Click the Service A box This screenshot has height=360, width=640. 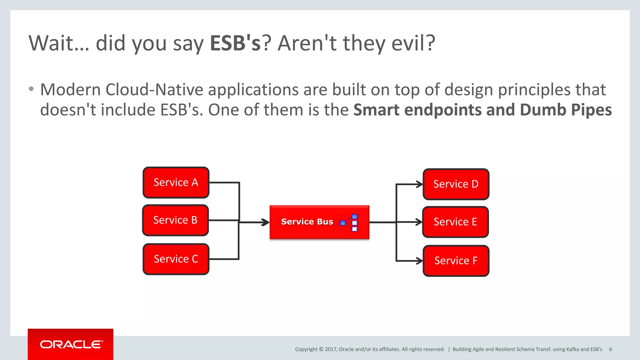pyautogui.click(x=176, y=182)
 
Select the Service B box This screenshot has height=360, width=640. pyautogui.click(x=175, y=220)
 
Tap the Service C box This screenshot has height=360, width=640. pyautogui.click(x=176, y=259)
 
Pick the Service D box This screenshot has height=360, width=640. pyautogui.click(x=456, y=184)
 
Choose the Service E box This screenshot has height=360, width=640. pyautogui.click(x=455, y=222)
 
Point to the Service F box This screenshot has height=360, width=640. pyautogui.click(x=456, y=261)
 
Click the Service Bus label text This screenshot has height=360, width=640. pyautogui.click(x=307, y=222)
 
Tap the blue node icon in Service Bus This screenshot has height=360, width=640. pyautogui.click(x=349, y=222)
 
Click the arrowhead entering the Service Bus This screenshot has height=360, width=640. pyautogui.click(x=266, y=222)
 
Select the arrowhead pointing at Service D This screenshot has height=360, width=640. pyautogui.click(x=419, y=184)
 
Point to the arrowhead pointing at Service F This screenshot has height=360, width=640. pyautogui.click(x=419, y=261)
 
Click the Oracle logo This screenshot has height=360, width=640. pyautogui.click(x=71, y=344)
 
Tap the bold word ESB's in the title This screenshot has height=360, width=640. pyautogui.click(x=235, y=43)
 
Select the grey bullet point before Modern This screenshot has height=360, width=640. pyautogui.click(x=31, y=89)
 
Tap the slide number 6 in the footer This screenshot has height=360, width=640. pyautogui.click(x=610, y=349)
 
